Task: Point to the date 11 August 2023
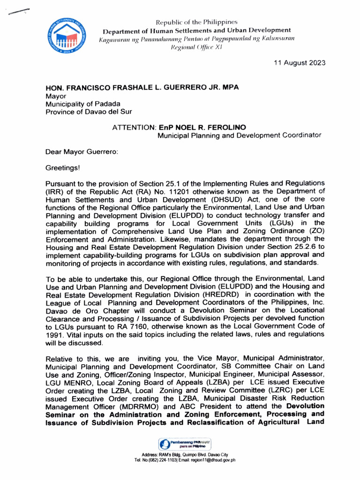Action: [x=300, y=63]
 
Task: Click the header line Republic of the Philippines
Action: [x=196, y=22]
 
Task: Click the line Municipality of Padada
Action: [x=82, y=104]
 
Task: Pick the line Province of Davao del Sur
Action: [x=89, y=112]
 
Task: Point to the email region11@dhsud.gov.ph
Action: [x=209, y=460]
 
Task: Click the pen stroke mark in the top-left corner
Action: [x=16, y=12]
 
